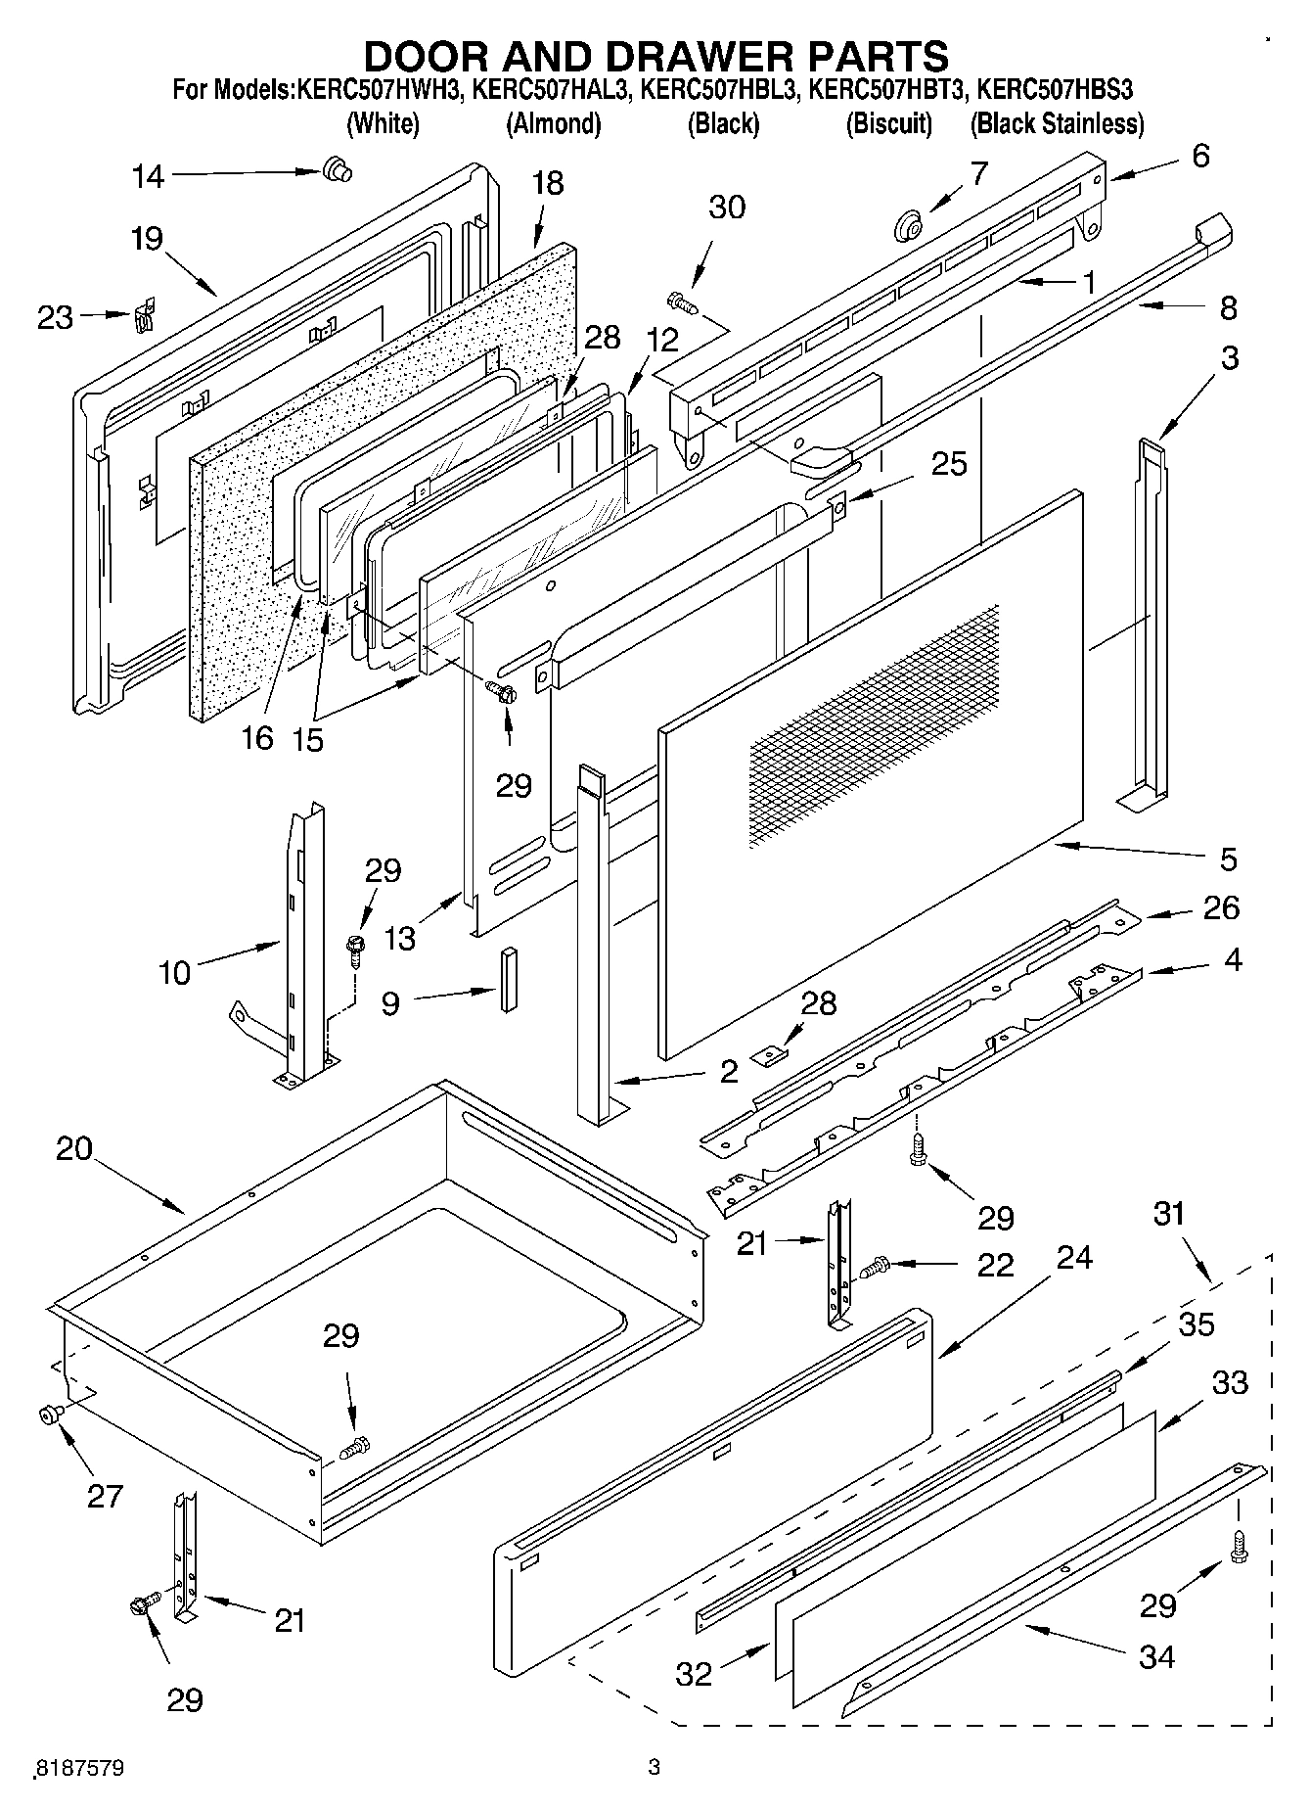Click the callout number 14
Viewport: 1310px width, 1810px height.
pyautogui.click(x=149, y=176)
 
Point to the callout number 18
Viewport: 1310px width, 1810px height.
pyautogui.click(x=549, y=183)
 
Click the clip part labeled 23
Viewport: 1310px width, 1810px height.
pyautogui.click(x=145, y=315)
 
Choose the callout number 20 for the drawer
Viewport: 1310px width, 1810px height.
pyautogui.click(x=73, y=1147)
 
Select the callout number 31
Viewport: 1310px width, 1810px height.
pyautogui.click(x=1169, y=1213)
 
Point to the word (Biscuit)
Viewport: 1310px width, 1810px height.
pyautogui.click(x=888, y=124)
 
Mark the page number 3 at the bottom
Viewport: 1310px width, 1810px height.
pyautogui.click(x=654, y=1767)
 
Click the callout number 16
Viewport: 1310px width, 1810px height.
pyautogui.click(x=257, y=737)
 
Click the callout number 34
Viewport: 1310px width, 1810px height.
pyautogui.click(x=1156, y=1656)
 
